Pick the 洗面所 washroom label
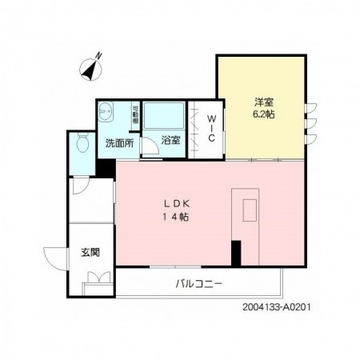click(118, 145)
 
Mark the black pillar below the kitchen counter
click(236, 252)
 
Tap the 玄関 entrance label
click(89, 252)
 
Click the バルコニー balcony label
click(198, 283)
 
